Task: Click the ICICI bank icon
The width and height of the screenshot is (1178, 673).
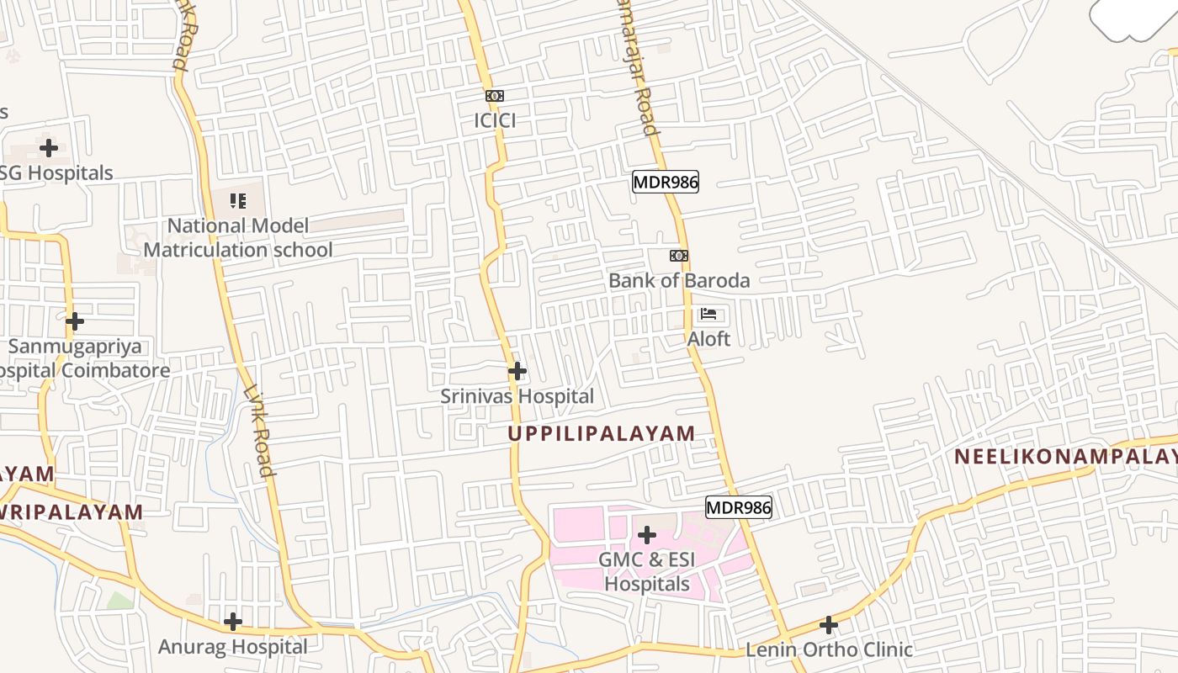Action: (x=495, y=96)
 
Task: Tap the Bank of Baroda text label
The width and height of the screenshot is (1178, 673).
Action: (x=679, y=280)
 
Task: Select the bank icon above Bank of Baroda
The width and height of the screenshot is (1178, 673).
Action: (x=679, y=256)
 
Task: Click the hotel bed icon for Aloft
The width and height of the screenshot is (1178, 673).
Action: (x=708, y=315)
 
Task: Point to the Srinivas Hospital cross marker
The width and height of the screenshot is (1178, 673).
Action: (x=517, y=370)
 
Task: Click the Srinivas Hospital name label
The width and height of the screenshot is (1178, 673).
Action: (x=517, y=396)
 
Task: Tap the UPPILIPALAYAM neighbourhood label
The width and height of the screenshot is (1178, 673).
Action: (x=602, y=433)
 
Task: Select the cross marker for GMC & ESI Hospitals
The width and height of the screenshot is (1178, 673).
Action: (x=647, y=534)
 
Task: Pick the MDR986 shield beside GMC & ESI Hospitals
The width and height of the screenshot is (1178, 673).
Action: (x=738, y=507)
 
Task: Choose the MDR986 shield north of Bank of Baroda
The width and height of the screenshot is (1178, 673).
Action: (x=666, y=182)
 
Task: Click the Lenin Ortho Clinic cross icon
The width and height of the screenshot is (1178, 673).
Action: (x=829, y=625)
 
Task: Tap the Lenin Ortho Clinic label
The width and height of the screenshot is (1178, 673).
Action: (x=829, y=649)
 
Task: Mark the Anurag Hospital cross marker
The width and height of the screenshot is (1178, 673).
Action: (x=233, y=622)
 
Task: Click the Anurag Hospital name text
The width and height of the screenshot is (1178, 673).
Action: (x=233, y=647)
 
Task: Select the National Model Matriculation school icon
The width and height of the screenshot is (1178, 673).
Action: (x=239, y=201)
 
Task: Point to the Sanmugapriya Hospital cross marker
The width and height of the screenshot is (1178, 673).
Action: (x=75, y=321)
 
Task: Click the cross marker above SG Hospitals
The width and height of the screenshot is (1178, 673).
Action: (x=50, y=148)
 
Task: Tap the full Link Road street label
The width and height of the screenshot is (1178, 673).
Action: (x=257, y=430)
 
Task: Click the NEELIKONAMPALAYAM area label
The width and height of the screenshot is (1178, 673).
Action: (x=1065, y=457)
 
